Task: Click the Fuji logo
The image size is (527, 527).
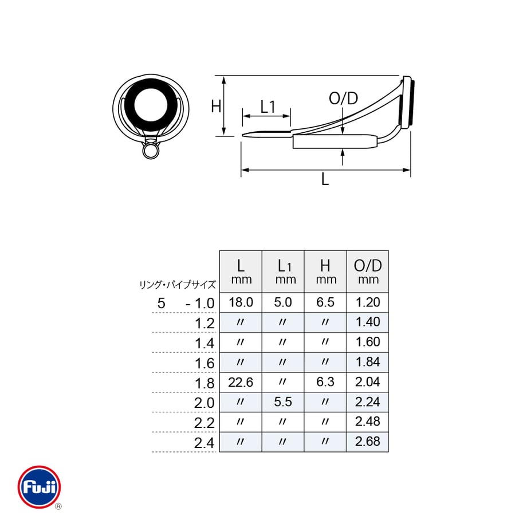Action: [40, 487]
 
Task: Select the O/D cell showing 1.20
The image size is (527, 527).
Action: [367, 302]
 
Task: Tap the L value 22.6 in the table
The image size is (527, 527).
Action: [241, 382]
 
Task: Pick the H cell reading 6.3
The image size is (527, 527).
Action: [325, 382]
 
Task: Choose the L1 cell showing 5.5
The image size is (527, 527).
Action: [282, 402]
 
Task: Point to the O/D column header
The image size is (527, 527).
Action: [368, 272]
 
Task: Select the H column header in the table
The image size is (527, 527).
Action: [325, 272]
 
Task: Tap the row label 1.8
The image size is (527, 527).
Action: [204, 383]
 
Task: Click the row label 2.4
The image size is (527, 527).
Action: [204, 443]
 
